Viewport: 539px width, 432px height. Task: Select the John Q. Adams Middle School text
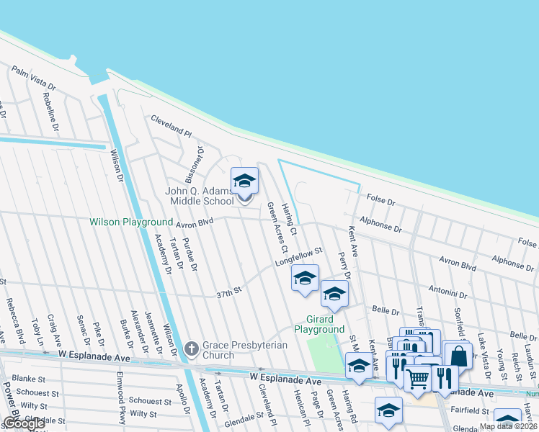coord(200,196)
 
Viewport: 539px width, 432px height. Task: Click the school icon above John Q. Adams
coord(244,181)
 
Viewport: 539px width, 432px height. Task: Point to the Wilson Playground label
coord(131,222)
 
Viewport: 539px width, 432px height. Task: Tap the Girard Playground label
coord(319,323)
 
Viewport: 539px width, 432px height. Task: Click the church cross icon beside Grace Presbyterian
coord(192,348)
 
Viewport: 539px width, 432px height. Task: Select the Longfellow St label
coord(297,257)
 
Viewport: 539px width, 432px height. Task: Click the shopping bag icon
coord(458,356)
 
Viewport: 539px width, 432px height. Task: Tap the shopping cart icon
coord(417,378)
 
